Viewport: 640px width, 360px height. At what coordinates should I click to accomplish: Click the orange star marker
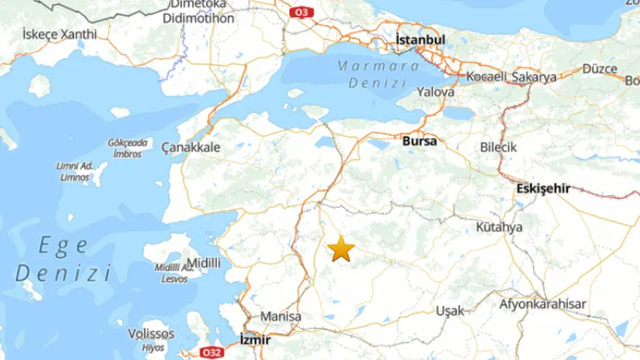tap(341, 249)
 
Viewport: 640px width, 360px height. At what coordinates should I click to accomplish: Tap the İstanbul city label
tap(420, 41)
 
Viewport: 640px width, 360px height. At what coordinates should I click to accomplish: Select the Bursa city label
tap(419, 141)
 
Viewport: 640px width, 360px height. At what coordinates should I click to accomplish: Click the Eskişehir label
tap(543, 189)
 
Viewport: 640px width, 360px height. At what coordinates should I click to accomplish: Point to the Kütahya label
tap(499, 226)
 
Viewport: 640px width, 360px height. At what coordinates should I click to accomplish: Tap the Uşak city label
tap(450, 311)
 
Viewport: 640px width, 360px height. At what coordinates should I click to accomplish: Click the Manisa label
tap(281, 317)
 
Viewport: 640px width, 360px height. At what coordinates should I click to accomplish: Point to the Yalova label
tap(436, 92)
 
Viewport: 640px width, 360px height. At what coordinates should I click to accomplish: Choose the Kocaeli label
tap(487, 77)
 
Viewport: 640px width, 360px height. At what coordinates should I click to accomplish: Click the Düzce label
tap(599, 69)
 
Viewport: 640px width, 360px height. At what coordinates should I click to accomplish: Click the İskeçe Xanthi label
tap(60, 34)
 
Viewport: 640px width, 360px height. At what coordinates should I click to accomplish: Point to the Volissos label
tap(151, 334)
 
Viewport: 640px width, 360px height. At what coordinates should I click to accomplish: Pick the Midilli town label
tap(204, 263)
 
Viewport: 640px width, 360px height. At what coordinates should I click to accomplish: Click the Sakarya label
tap(533, 77)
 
